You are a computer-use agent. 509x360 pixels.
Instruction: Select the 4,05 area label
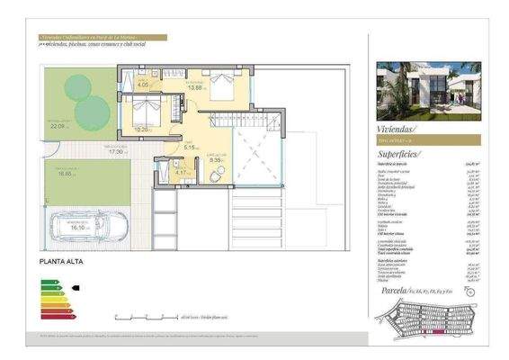[x=144, y=86]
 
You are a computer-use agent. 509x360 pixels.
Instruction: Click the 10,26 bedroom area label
[x=141, y=129]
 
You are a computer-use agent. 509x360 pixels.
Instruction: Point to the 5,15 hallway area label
[x=190, y=147]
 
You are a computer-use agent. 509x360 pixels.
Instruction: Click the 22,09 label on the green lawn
[x=59, y=126]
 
